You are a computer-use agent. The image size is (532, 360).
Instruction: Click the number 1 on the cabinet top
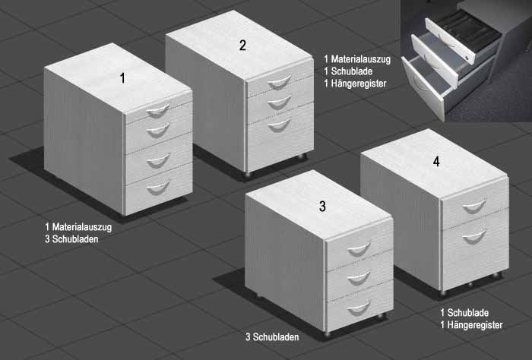click(x=122, y=78)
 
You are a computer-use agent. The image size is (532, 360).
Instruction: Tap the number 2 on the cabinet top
click(x=242, y=46)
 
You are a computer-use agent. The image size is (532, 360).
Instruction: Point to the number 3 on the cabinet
click(x=322, y=206)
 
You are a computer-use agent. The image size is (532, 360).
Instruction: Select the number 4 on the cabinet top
click(x=436, y=162)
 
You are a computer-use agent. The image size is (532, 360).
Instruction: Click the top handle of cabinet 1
click(x=158, y=111)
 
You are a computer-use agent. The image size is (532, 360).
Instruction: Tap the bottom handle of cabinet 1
click(x=158, y=188)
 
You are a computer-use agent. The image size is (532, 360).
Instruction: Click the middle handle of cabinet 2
click(x=279, y=103)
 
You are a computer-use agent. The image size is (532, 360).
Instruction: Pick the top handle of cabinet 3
click(x=359, y=250)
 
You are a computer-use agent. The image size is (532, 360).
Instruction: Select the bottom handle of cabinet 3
click(x=359, y=308)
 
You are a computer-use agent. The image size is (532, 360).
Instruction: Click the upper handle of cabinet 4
click(x=474, y=207)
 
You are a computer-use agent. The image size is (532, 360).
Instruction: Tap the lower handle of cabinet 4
click(x=474, y=237)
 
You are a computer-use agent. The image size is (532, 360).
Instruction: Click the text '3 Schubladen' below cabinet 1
click(x=71, y=239)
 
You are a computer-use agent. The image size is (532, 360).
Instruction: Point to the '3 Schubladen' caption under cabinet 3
click(x=272, y=337)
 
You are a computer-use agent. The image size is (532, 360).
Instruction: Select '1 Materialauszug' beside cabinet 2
click(x=357, y=59)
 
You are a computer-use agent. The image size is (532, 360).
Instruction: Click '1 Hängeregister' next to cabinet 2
click(x=355, y=84)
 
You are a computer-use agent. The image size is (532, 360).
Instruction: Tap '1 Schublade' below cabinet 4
click(x=464, y=313)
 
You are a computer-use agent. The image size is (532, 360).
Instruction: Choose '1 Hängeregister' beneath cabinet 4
click(x=471, y=325)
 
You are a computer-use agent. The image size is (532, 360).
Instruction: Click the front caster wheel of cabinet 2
click(x=248, y=174)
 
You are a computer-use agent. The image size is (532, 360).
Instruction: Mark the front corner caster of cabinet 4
click(x=443, y=292)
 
